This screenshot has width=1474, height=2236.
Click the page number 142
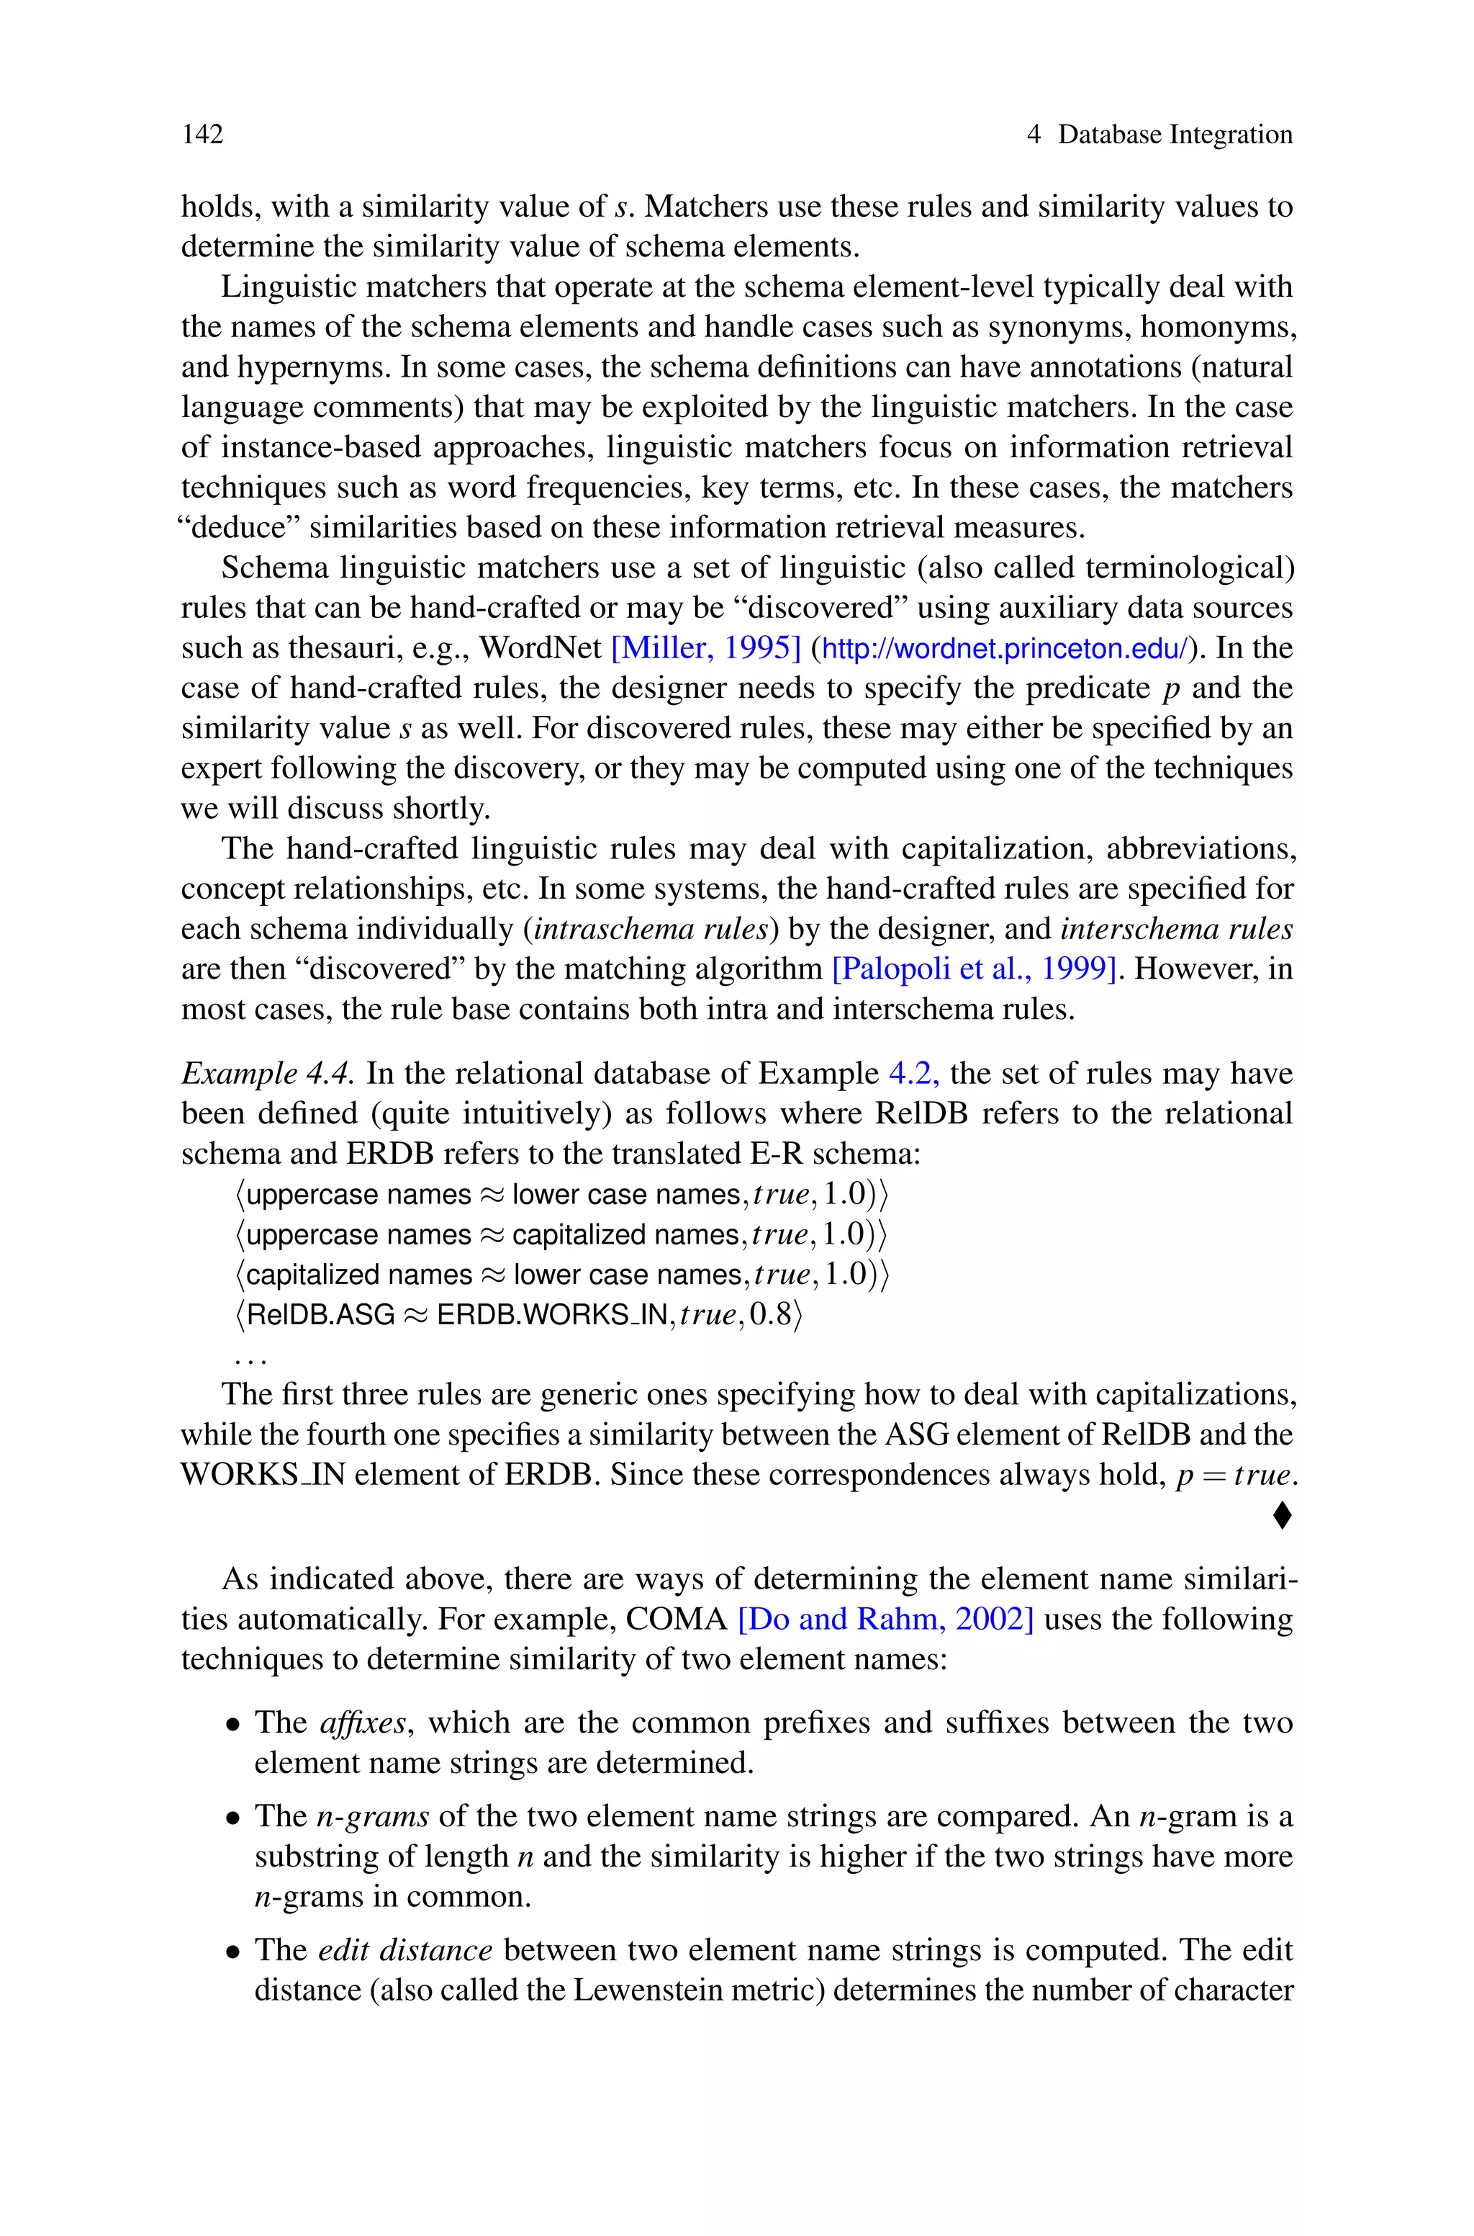point(202,135)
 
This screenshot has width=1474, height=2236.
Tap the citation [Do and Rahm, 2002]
point(885,1619)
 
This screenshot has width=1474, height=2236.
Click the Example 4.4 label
point(268,1073)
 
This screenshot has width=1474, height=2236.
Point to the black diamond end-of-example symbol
point(1281,1516)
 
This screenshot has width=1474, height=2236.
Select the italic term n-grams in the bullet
point(372,1815)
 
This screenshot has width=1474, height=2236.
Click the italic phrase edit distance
point(405,1950)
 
